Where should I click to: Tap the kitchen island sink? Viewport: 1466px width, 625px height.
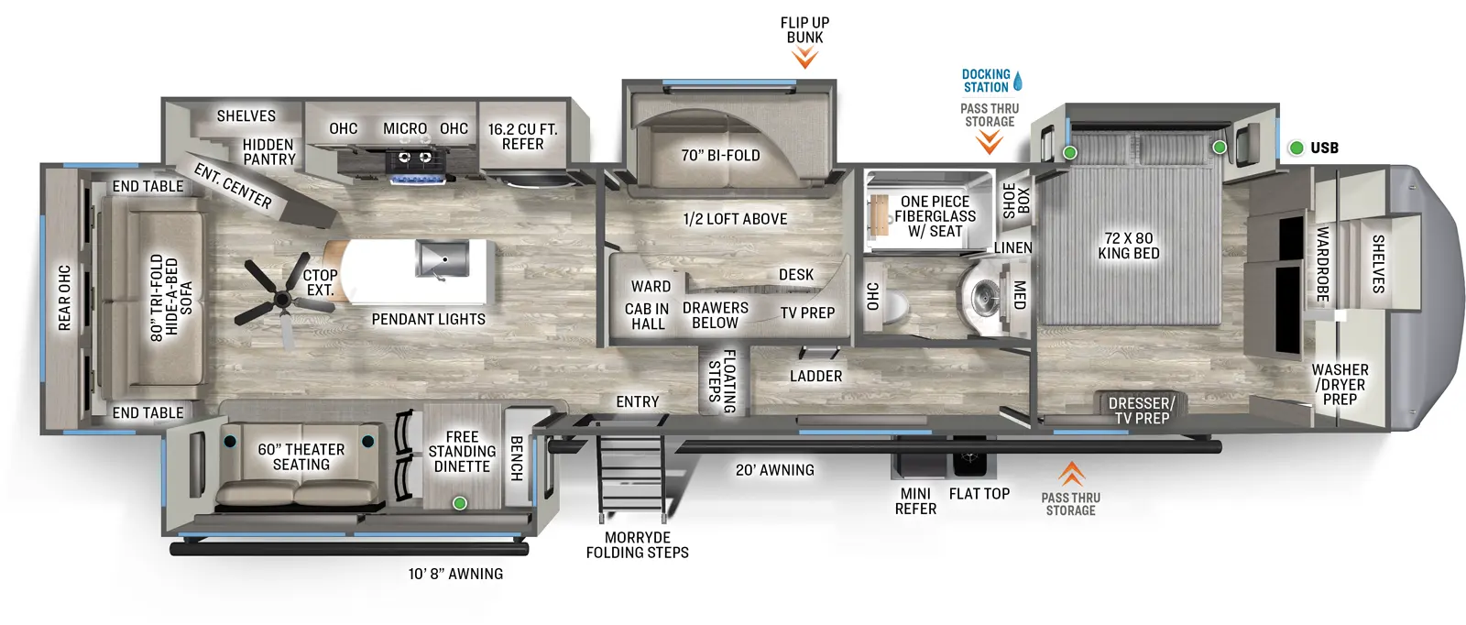[x=442, y=258]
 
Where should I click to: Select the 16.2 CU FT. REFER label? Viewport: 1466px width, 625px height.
[x=522, y=137]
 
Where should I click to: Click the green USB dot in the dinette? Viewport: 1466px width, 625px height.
[x=460, y=503]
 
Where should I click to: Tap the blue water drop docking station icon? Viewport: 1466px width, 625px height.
[x=1017, y=81]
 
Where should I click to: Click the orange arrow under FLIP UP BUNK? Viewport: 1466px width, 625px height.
[x=804, y=59]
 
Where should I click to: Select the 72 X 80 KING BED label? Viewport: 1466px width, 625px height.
[x=1129, y=246]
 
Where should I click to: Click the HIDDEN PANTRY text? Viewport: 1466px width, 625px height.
[x=268, y=152]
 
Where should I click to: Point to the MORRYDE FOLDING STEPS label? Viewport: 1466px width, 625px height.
[x=637, y=544]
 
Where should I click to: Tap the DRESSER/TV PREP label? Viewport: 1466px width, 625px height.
[x=1141, y=410]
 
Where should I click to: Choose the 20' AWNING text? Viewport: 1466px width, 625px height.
[x=774, y=470]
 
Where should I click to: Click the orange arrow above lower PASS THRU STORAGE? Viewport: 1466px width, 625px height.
[x=1071, y=474]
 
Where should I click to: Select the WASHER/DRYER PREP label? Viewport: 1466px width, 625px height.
[x=1339, y=384]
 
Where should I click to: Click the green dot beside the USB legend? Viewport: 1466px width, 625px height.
[x=1296, y=148]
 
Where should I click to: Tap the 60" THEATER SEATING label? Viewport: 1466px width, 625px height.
[x=301, y=456]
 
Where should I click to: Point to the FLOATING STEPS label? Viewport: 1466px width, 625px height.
[x=722, y=381]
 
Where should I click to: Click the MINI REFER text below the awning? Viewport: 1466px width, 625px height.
[x=915, y=501]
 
